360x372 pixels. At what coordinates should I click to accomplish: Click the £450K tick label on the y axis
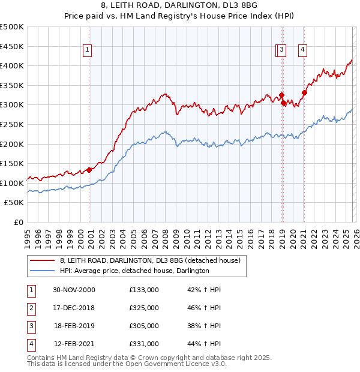pyautogui.click(x=12, y=46)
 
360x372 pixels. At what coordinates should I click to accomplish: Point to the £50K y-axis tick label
pyautogui.click(x=14, y=203)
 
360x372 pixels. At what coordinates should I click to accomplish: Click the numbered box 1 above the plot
pyautogui.click(x=88, y=50)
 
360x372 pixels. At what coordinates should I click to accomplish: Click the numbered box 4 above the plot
pyautogui.click(x=303, y=50)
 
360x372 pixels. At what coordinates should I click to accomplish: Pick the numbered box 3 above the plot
pyautogui.click(x=282, y=50)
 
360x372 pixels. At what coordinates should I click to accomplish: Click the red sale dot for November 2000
pyautogui.click(x=89, y=170)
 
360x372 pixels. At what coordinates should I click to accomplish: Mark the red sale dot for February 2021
pyautogui.click(x=304, y=92)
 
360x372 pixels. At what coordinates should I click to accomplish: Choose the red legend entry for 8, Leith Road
pyautogui.click(x=150, y=260)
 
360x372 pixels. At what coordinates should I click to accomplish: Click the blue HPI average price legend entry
pyautogui.click(x=134, y=271)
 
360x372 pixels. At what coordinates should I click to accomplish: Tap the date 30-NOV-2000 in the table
pyautogui.click(x=74, y=290)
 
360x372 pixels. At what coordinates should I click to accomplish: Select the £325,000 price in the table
pyautogui.click(x=144, y=308)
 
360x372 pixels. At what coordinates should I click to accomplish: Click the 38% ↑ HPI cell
pyautogui.click(x=205, y=326)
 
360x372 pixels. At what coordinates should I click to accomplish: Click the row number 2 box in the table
pyautogui.click(x=31, y=308)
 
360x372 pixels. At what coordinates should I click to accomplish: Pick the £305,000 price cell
pyautogui.click(x=144, y=326)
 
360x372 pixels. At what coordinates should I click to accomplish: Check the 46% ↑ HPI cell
pyautogui.click(x=205, y=308)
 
